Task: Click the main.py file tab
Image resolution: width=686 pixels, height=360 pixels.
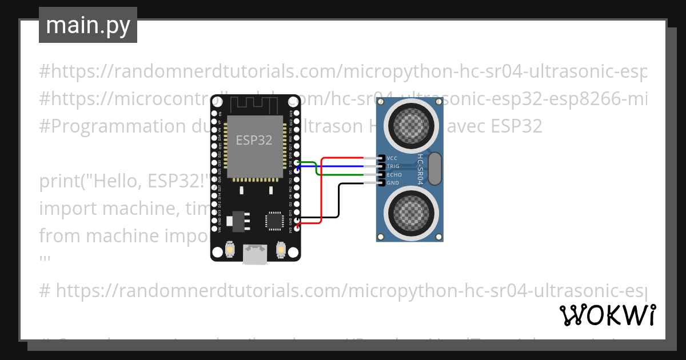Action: [88, 25]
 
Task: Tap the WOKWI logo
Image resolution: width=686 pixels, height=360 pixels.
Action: [607, 315]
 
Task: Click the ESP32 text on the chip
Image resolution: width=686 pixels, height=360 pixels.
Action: [254, 140]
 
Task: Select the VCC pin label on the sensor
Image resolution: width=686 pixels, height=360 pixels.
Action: [392, 158]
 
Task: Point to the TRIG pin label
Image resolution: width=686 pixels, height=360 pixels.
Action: [393, 166]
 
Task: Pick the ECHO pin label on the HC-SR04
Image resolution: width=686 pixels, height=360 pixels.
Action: [394, 175]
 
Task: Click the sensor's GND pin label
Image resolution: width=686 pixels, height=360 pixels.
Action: [393, 183]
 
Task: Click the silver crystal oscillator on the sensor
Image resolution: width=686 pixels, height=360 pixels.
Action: [435, 169]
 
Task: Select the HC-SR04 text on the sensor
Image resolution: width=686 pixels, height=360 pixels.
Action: [421, 168]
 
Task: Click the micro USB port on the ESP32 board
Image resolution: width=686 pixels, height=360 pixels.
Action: [254, 254]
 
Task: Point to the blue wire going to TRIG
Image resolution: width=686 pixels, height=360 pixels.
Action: [343, 166]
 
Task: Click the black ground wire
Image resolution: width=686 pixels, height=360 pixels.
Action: [339, 200]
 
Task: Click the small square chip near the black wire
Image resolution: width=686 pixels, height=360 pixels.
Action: [274, 220]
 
